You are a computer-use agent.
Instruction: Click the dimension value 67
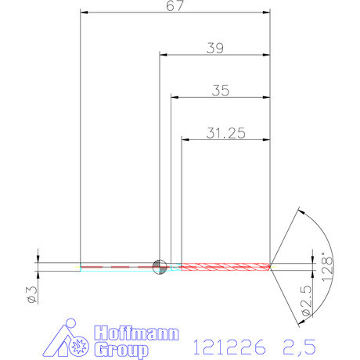tap(175, 6)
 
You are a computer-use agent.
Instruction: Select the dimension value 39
tap(215, 48)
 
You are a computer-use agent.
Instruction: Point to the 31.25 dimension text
tap(225, 133)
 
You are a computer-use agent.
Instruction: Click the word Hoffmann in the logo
tap(136, 332)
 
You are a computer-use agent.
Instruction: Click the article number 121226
tap(228, 344)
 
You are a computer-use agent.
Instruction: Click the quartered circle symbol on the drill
tap(160, 266)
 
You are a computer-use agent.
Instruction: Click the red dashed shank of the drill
tap(117, 266)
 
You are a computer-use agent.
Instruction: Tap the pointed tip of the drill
tap(271, 266)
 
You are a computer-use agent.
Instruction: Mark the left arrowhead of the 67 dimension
tap(85, 13)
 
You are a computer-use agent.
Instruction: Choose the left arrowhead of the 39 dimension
tap(164, 55)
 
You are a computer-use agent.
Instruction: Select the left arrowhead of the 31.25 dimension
tap(186, 139)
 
